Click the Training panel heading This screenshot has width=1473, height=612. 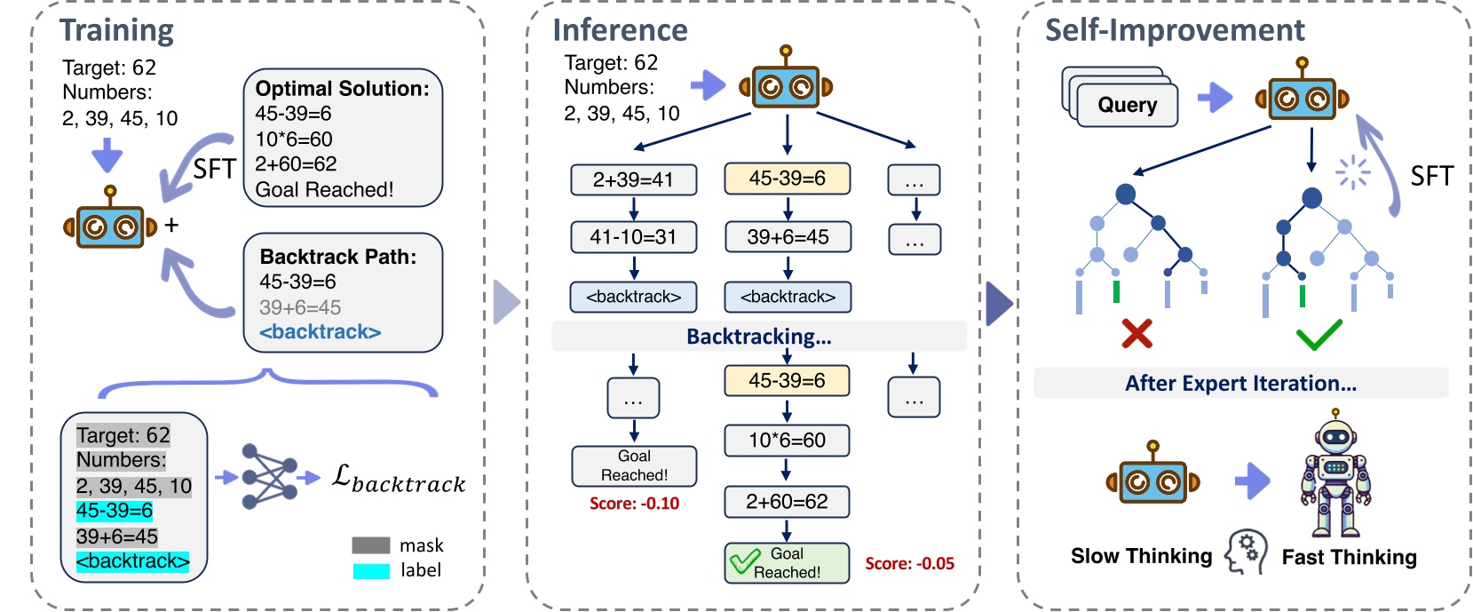pos(116,30)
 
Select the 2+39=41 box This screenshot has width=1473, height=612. pos(633,179)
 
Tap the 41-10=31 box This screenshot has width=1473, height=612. pos(633,237)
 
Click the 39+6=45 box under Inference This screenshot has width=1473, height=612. pos(788,237)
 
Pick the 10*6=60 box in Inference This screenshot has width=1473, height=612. pos(787,441)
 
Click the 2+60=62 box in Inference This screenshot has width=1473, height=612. pos(787,502)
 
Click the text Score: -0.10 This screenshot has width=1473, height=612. pos(634,504)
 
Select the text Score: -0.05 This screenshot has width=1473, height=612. pos(909,564)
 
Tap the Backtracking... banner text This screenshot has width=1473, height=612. pos(758,337)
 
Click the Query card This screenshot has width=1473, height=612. pos(1126,105)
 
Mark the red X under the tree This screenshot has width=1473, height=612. pos(1136,334)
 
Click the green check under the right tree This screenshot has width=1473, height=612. pos(1319,336)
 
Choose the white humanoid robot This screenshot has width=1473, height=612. pos(1335,474)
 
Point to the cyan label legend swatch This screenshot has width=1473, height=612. pos(371,571)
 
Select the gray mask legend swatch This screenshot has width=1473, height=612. pos(371,545)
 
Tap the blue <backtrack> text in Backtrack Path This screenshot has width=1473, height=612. pos(320,332)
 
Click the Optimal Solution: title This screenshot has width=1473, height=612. pos(342,89)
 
